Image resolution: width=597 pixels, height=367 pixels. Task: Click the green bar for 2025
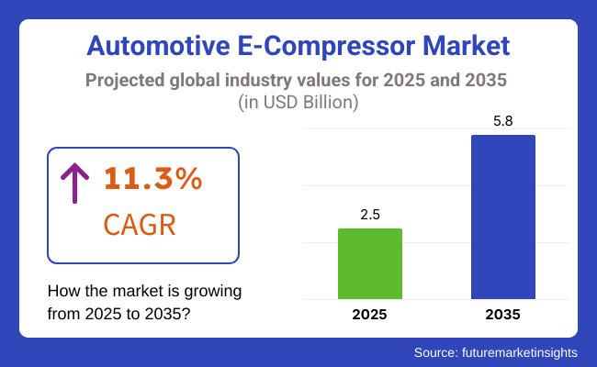coord(370,264)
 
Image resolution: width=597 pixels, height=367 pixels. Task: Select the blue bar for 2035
coord(502,217)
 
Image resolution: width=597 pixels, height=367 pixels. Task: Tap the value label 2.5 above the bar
coord(370,214)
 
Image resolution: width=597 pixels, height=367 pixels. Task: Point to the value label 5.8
coord(502,120)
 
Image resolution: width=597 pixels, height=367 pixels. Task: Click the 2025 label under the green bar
coord(370,315)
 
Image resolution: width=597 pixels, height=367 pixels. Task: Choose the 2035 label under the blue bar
coord(502,315)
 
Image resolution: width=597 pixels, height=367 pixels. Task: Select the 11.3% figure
coord(152,180)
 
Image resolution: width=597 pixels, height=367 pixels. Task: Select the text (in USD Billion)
coord(298,102)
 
